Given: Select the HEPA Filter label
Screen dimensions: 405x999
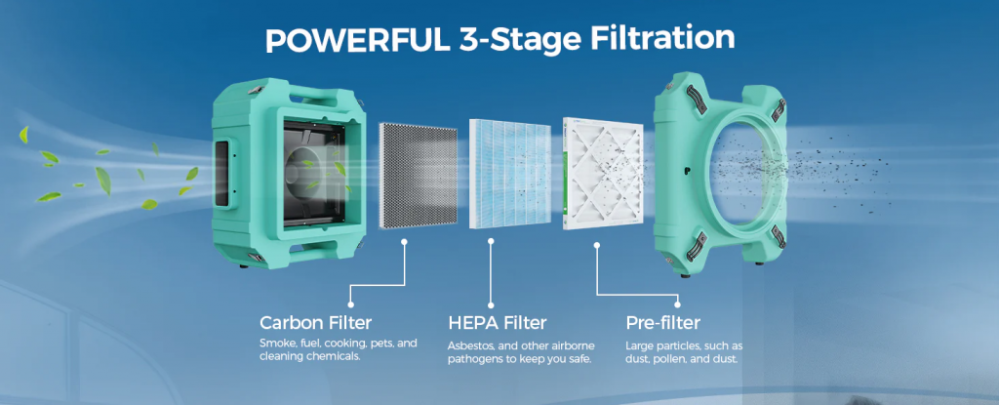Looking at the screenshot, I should click(x=498, y=322).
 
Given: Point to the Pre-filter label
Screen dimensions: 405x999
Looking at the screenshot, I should click(x=662, y=322).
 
